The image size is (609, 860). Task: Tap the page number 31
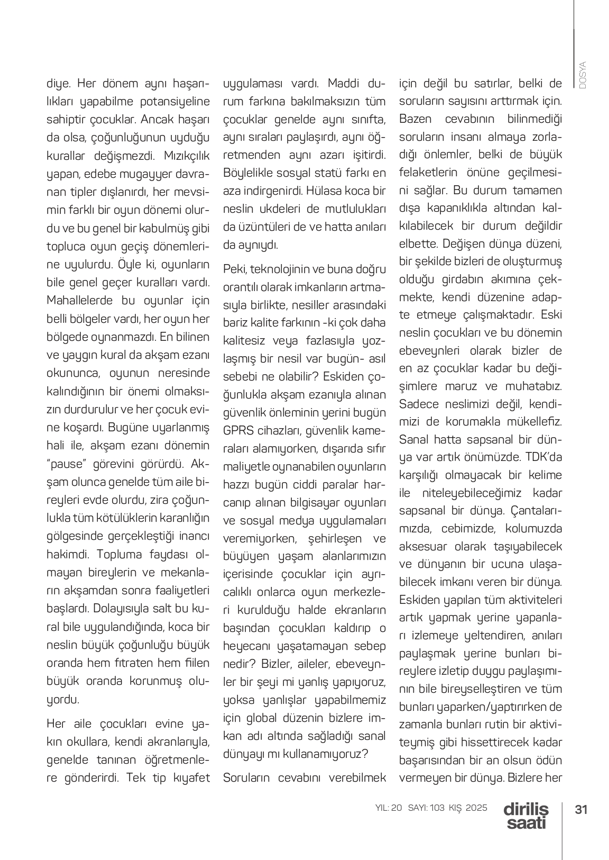[x=582, y=810]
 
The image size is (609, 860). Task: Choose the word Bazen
[x=416, y=119]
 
